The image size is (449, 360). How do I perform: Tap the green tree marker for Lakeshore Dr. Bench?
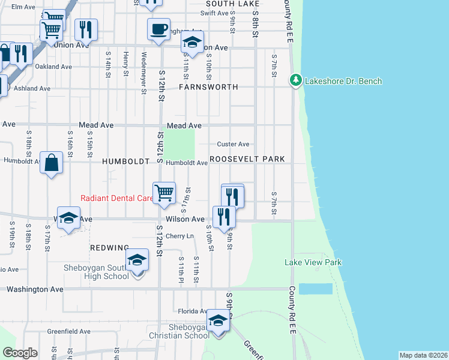[295, 80]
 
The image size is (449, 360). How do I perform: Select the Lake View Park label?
[313, 262]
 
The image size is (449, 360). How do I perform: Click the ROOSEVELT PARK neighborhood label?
[247, 160]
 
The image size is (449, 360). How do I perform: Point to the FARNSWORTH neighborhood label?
[208, 87]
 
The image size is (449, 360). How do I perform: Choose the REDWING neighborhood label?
[109, 248]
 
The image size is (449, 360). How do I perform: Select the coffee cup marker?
[158, 30]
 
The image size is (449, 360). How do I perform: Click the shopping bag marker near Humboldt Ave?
[52, 163]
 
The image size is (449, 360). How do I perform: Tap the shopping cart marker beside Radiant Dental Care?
[164, 193]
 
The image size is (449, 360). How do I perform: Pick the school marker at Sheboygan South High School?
[137, 261]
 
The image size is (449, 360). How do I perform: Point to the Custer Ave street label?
[233, 144]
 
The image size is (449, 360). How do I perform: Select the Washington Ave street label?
[35, 289]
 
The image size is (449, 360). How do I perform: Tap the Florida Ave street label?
[190, 311]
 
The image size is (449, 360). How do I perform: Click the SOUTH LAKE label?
[222, 4]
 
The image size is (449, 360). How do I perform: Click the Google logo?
[20, 353]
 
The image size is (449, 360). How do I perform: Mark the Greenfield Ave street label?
[68, 331]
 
